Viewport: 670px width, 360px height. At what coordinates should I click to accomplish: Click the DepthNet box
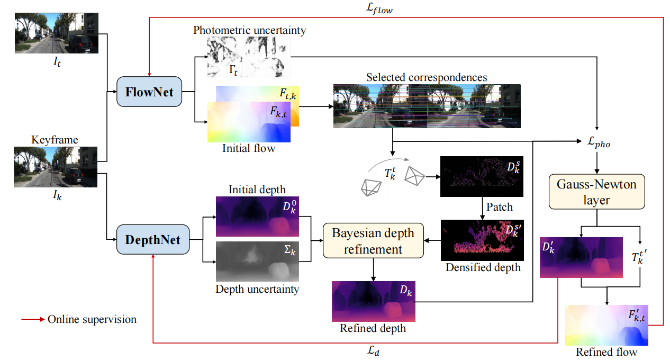coord(152,240)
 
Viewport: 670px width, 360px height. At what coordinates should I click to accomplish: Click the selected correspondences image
coord(427,106)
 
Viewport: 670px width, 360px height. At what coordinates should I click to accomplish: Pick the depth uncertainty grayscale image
coord(257,262)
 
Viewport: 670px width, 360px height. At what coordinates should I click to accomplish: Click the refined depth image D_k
coord(374,301)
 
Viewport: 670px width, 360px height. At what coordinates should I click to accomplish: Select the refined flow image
coord(606,325)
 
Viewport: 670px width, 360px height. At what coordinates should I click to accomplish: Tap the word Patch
coord(500,207)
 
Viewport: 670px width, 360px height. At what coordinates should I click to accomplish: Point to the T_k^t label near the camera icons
coord(390,172)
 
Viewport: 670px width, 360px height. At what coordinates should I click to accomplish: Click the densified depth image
coord(482,239)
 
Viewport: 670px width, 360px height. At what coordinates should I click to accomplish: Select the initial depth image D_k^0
coord(257,216)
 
